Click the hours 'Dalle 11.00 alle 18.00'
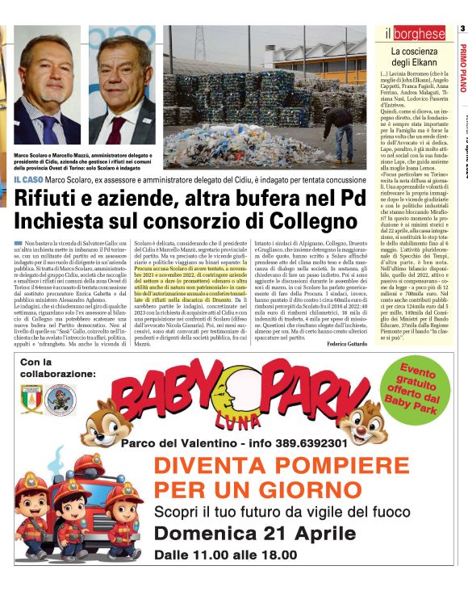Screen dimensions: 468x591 [226, 555]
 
